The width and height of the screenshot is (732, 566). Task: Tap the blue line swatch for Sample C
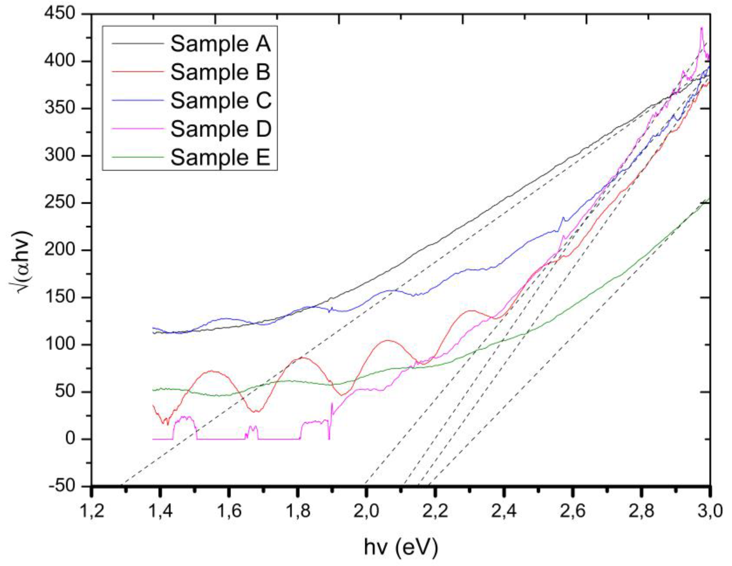tap(138, 100)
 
